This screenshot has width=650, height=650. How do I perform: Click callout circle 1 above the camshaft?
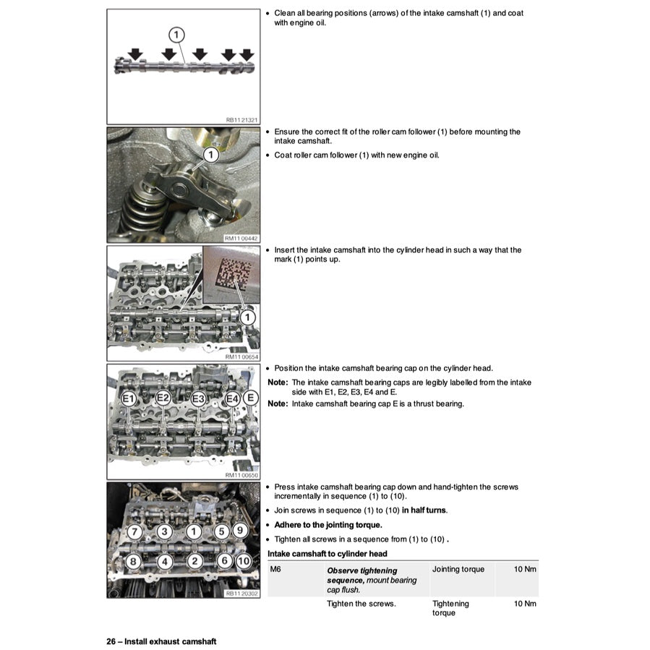click(177, 35)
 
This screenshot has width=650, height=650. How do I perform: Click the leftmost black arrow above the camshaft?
click(135, 55)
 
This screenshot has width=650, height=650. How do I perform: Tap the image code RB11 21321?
click(241, 120)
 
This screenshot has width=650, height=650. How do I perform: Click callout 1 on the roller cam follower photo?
click(209, 155)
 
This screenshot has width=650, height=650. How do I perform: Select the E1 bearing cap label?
click(129, 398)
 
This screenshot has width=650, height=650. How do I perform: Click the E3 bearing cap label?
click(199, 398)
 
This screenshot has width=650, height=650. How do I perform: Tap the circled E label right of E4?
click(250, 397)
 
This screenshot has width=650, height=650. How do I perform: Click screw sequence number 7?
click(134, 532)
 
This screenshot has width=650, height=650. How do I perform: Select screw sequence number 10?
click(244, 560)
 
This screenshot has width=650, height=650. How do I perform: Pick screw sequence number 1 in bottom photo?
click(193, 532)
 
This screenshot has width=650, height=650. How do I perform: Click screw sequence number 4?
click(165, 560)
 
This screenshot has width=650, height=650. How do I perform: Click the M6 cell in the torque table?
click(275, 570)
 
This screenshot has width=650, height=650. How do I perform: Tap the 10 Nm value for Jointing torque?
click(524, 570)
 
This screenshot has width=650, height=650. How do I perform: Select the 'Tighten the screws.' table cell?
click(362, 604)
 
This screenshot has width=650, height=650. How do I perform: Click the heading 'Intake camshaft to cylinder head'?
click(327, 554)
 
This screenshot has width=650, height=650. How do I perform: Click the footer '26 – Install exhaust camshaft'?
click(161, 641)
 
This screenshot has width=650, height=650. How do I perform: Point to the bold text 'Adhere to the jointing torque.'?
click(328, 525)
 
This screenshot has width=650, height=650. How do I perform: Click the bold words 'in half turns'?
click(424, 510)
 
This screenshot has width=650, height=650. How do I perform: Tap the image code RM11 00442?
click(241, 238)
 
